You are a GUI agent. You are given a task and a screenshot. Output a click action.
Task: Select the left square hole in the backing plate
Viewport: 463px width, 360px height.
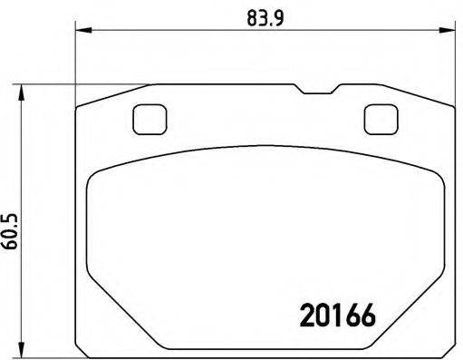click(146, 118)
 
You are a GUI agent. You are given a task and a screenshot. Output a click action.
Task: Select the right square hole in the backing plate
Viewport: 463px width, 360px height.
click(376, 118)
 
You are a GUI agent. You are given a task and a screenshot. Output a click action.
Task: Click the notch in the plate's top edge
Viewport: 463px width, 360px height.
click(316, 91)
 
